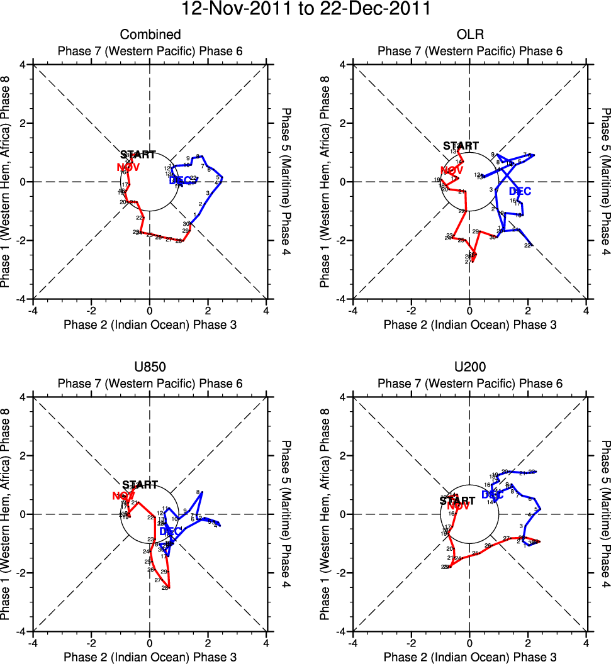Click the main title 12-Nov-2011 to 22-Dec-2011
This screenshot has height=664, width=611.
(305, 9)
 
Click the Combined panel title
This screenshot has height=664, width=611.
(150, 35)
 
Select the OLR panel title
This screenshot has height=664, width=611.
(469, 35)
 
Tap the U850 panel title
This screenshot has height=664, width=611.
(150, 367)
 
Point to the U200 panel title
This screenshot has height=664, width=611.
(469, 367)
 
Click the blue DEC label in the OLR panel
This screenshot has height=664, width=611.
(520, 191)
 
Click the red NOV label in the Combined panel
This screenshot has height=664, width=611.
(128, 167)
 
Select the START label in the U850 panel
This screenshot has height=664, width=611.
(138, 485)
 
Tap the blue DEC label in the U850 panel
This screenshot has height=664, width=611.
(171, 531)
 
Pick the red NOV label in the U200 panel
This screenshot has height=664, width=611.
(458, 506)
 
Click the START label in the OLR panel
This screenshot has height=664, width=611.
(461, 147)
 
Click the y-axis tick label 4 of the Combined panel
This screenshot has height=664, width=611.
(22, 65)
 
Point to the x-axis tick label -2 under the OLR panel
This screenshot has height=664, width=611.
(411, 311)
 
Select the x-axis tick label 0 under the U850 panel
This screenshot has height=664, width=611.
(150, 643)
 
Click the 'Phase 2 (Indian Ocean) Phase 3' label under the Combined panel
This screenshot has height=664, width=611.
(150, 324)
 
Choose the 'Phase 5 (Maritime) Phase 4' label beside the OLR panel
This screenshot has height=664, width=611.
(605, 182)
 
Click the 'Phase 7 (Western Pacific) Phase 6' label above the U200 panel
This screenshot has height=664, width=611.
(469, 384)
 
